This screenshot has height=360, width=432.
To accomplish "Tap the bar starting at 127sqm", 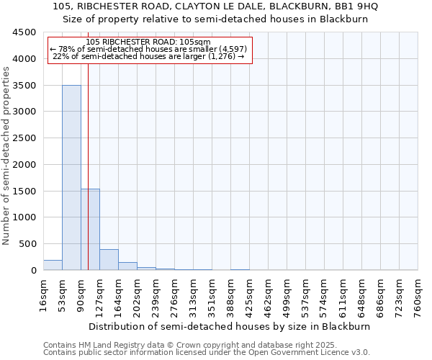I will point(109,260).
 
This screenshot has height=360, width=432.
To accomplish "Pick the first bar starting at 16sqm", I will point(53,265).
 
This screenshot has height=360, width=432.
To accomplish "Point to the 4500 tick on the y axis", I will point(24,32).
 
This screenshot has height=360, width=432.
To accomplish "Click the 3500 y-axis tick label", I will point(24,86).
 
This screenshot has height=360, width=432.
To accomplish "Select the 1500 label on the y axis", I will point(24,191).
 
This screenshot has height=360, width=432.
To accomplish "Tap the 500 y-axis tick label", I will point(27,244).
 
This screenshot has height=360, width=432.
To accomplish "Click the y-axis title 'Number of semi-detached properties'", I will point(6,151).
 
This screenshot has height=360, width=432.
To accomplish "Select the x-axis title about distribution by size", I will point(230,326).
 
